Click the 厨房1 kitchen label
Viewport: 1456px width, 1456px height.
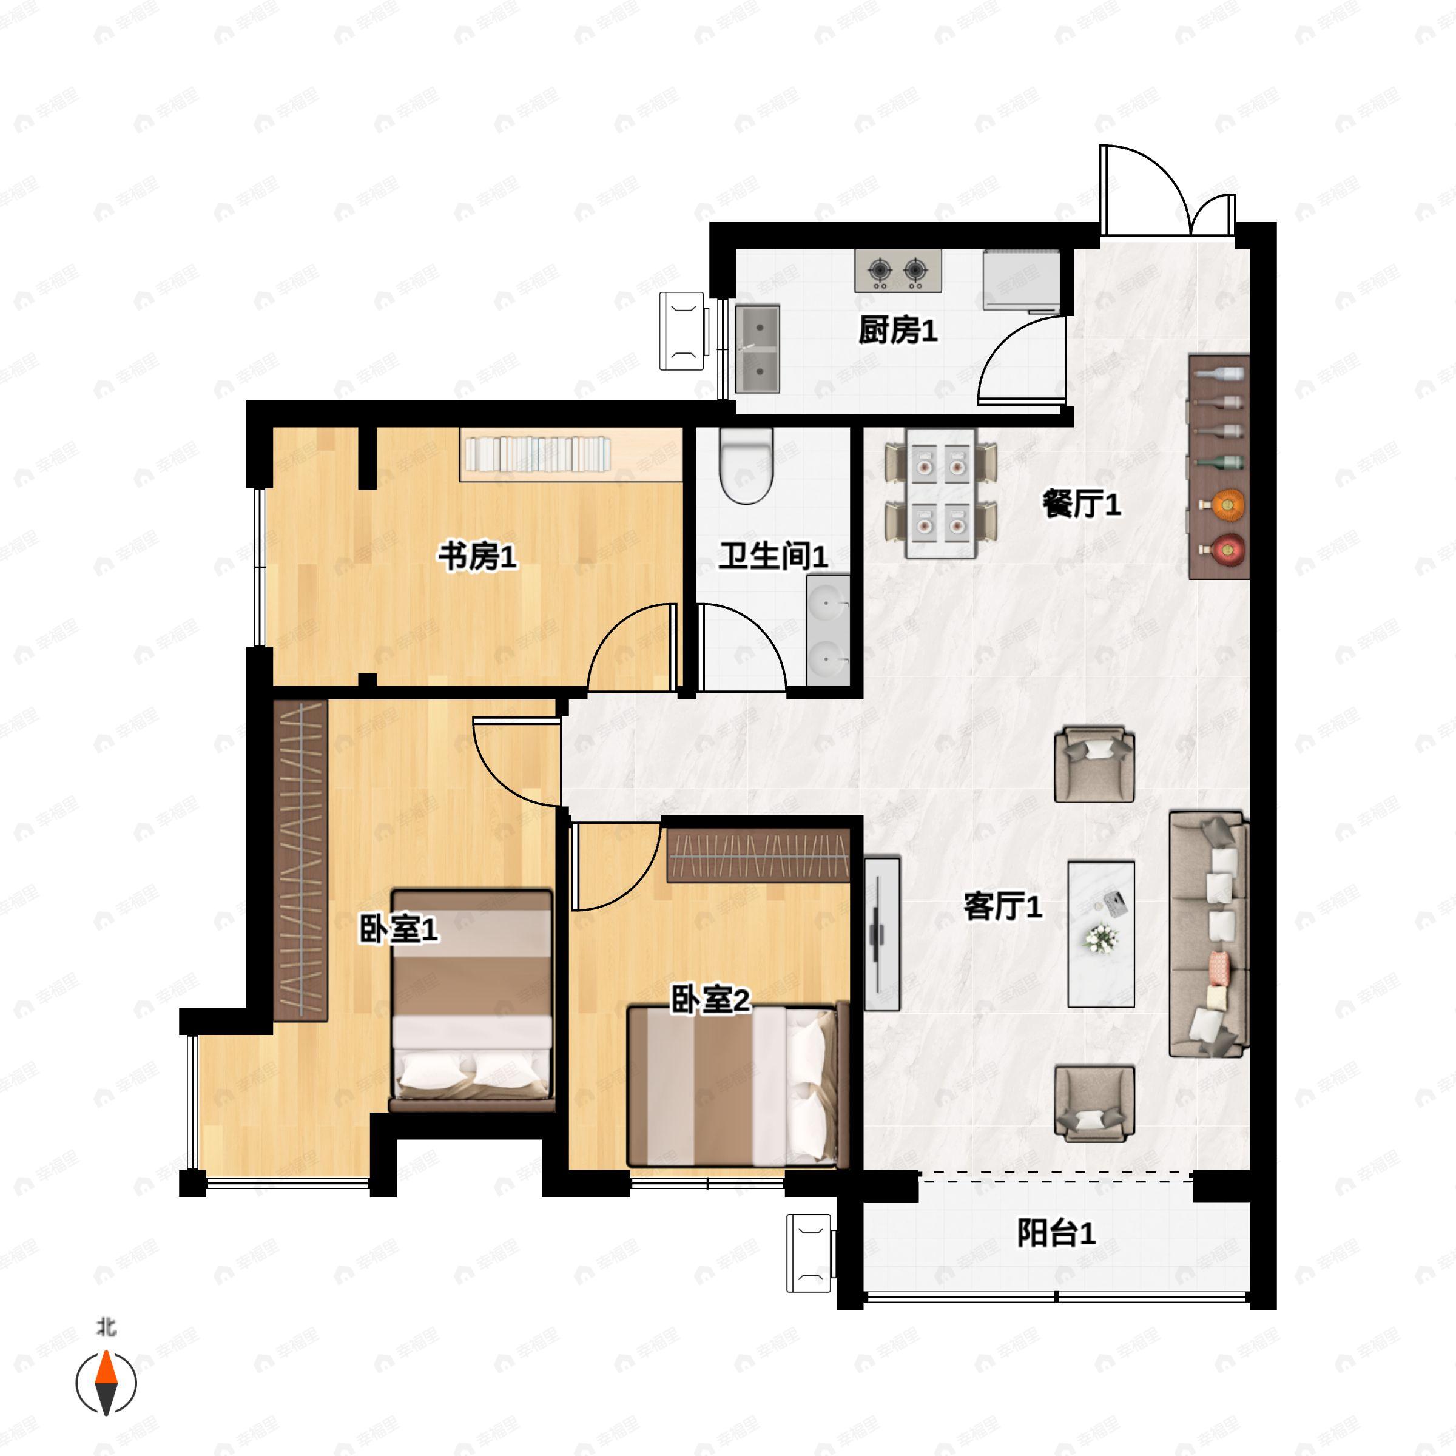click(x=898, y=330)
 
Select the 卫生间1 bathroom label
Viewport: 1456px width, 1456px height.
click(x=772, y=556)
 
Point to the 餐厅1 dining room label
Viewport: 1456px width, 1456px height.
click(x=1082, y=504)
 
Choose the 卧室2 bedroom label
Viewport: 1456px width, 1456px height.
click(x=710, y=1001)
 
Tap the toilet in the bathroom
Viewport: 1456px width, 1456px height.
click(x=746, y=465)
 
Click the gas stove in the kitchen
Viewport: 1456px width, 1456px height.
click(x=898, y=271)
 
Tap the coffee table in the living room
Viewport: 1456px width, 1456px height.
click(x=1101, y=934)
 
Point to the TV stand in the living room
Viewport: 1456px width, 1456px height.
click(x=881, y=934)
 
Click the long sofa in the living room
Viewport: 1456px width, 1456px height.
click(x=1207, y=934)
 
